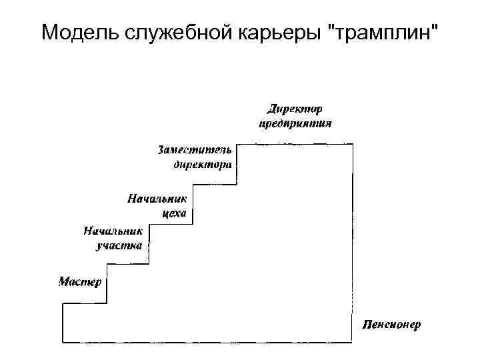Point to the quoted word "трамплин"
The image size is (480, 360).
381,31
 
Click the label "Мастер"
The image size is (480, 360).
80,281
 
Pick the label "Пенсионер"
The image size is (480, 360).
392,325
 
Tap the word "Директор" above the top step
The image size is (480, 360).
295,108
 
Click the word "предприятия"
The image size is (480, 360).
295,123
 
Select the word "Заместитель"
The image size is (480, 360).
196,149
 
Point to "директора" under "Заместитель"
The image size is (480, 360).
203,164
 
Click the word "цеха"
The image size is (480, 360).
174,214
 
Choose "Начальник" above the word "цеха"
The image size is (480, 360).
158,199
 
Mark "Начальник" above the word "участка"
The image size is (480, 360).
113,231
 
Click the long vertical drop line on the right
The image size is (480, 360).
352,240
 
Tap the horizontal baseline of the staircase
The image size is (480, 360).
207,342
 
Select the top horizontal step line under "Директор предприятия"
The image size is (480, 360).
293,144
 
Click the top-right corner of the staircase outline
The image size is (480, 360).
352,144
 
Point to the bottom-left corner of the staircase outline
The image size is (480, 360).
63,342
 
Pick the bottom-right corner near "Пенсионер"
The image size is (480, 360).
352,342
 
